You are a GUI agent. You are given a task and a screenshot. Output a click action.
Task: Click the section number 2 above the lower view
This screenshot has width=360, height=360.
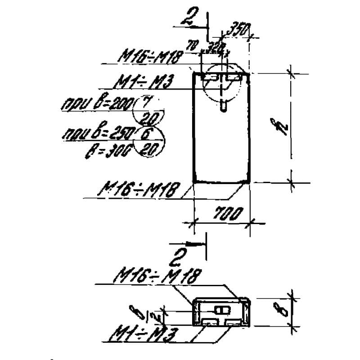click(x=179, y=259)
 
